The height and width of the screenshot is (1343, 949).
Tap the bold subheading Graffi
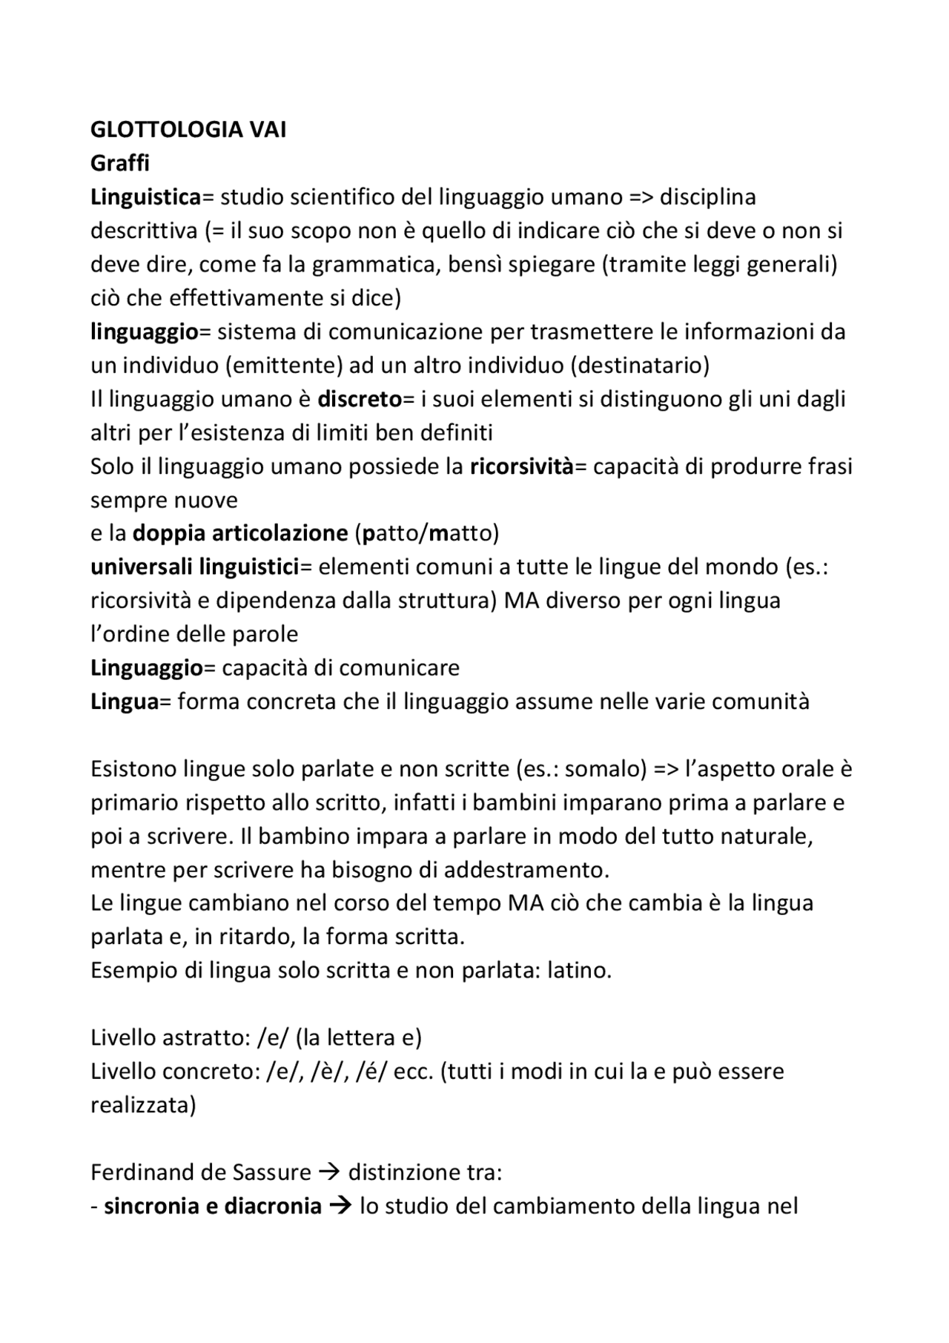tap(119, 163)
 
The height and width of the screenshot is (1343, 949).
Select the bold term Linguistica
tap(145, 197)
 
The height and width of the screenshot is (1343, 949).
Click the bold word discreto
tap(360, 399)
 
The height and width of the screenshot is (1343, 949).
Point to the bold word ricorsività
tap(522, 466)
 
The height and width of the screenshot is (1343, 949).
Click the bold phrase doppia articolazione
tap(240, 533)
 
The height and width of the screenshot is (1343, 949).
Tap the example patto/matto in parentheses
tap(427, 533)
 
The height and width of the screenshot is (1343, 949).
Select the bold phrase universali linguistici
tap(194, 567)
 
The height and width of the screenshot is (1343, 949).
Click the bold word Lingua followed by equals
tap(124, 702)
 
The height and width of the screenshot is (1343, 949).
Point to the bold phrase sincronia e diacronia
tap(212, 1207)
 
